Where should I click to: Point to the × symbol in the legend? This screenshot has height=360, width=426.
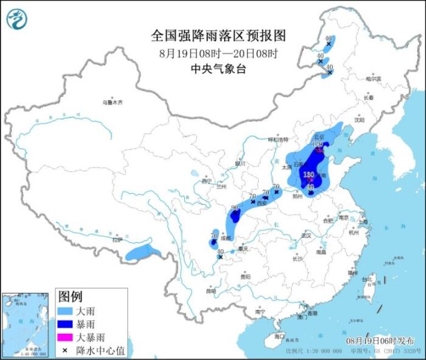tap(65, 350)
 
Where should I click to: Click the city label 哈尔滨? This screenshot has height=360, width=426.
tap(373, 79)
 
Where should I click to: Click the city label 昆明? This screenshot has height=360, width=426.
tap(211, 291)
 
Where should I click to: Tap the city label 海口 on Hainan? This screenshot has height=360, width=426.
tap(279, 336)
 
